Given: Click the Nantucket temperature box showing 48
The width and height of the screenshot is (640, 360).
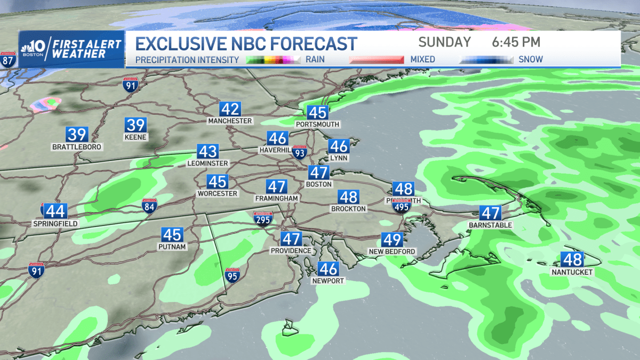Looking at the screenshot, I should click(x=572, y=260).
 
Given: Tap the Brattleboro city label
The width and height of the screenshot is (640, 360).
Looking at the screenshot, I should click(x=77, y=146).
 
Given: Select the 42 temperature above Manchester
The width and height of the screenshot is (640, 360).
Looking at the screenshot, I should click(x=230, y=109).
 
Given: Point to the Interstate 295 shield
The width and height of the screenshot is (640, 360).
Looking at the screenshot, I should click(x=263, y=219).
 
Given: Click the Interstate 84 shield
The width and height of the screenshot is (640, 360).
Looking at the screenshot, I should click(x=149, y=207).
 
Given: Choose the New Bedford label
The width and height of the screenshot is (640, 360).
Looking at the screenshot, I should click(x=392, y=251).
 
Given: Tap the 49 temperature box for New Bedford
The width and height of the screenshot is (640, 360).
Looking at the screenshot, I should click(x=392, y=240).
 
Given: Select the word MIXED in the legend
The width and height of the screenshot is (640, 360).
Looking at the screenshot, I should click(x=422, y=59).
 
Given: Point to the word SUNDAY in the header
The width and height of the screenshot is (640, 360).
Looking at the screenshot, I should click(x=444, y=42).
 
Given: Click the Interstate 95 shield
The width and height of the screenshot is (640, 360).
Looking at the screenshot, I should click(x=232, y=276).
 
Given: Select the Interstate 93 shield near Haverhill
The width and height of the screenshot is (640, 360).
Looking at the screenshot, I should click(x=300, y=154).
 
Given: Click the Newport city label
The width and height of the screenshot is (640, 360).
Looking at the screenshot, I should click(x=328, y=281).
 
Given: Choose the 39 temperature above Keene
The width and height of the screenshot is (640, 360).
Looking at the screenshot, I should click(x=135, y=125).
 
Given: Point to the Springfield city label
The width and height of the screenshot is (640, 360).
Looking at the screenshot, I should click(x=55, y=223).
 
